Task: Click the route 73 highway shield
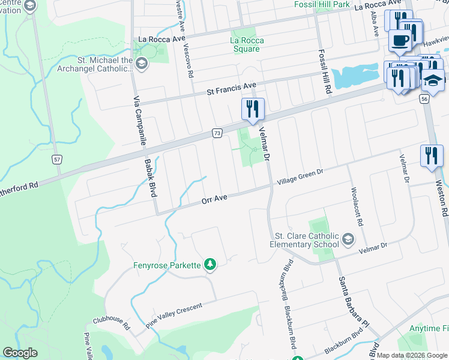217,132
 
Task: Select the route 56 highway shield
424,98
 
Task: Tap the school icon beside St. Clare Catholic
347,240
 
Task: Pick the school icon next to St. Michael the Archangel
142,64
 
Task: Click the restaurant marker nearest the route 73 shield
253,109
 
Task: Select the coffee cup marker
399,41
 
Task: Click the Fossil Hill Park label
322,4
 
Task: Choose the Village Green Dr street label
300,178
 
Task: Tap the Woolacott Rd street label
357,204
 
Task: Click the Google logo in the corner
20,353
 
